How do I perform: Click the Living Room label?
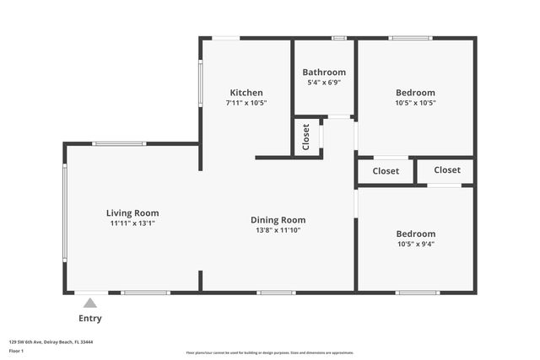[x=132, y=213]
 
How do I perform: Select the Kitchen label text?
[x=246, y=93]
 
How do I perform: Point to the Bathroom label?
[x=324, y=73]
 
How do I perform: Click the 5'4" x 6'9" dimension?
[x=324, y=83]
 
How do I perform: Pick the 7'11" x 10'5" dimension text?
[x=246, y=103]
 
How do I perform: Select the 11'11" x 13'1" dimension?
[x=132, y=223]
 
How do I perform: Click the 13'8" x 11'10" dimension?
[x=278, y=230]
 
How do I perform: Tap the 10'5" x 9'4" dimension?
[x=415, y=244]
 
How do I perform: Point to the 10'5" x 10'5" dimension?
[x=415, y=103]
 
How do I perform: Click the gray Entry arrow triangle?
[x=89, y=303]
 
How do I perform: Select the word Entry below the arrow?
[x=90, y=318]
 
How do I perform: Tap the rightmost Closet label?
[x=447, y=170]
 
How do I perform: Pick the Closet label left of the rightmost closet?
[x=386, y=171]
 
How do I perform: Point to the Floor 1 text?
[x=16, y=351]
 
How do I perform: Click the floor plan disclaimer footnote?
[x=270, y=352]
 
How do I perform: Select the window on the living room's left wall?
[x=65, y=218]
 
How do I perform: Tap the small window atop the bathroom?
[x=338, y=38]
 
